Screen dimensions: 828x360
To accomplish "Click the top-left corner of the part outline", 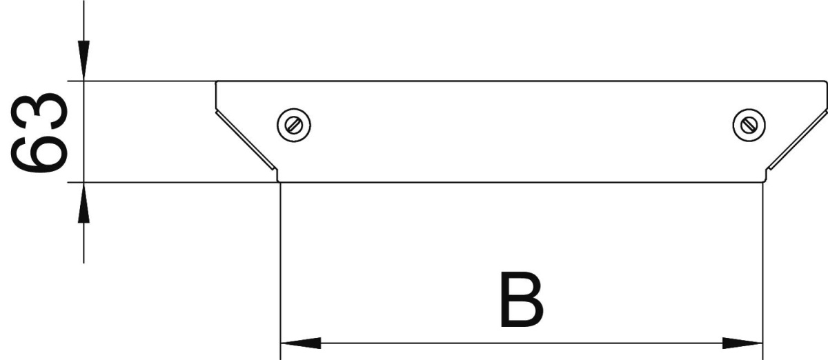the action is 216,81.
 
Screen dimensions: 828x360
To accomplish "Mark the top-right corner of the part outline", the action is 826,81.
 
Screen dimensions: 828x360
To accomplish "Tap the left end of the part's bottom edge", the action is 279,182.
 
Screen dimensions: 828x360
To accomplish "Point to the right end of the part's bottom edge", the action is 764,182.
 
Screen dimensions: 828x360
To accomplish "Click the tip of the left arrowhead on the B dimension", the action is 281,343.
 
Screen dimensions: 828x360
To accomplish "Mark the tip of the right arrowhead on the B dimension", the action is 762,343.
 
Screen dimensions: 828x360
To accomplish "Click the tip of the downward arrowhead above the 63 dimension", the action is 83,80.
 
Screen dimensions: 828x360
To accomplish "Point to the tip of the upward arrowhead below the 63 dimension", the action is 83,183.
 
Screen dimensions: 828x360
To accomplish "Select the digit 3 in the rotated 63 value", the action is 39,110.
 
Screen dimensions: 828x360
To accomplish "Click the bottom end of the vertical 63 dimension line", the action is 83,263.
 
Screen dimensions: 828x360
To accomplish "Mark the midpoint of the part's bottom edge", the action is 521,182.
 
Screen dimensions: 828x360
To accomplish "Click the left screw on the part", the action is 294,126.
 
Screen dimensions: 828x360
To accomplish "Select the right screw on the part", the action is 749,126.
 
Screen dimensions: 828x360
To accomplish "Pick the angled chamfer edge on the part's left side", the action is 246,141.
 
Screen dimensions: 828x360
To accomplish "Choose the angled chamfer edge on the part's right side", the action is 796,140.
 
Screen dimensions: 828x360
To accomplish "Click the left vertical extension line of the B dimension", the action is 281,271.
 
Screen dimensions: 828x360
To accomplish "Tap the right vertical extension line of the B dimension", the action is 762,271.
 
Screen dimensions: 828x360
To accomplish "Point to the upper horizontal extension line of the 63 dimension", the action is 141,81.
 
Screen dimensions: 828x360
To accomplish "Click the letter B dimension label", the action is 522,300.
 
